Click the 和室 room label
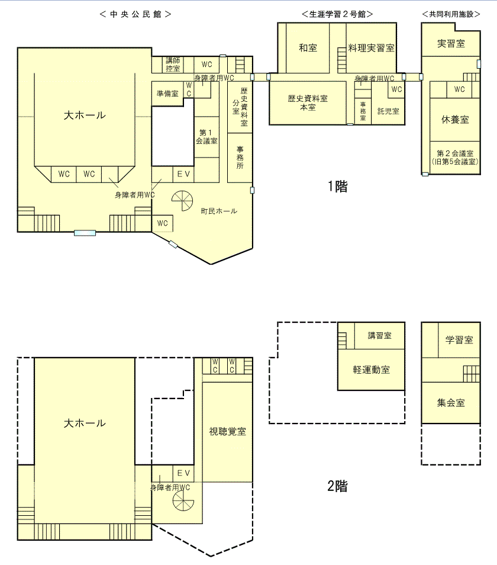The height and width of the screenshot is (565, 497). (x=308, y=48)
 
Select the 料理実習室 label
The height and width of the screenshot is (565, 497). (x=371, y=48)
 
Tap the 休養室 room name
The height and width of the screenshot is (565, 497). (x=455, y=120)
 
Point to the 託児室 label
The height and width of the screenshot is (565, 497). (x=388, y=111)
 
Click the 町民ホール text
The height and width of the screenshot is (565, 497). (x=219, y=211)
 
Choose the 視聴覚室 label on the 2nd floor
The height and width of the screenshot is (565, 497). (x=227, y=431)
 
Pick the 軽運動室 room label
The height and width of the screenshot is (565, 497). (x=371, y=370)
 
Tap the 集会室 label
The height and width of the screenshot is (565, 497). (x=451, y=403)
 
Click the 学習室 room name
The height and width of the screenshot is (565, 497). (x=459, y=340)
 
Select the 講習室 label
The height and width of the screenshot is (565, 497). (x=380, y=336)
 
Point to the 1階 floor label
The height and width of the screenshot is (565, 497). (x=338, y=187)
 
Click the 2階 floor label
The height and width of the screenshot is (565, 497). (x=338, y=486)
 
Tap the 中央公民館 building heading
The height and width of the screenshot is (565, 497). (x=135, y=14)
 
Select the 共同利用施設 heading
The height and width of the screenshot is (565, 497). (x=451, y=14)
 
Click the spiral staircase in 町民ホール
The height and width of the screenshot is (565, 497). (x=182, y=201)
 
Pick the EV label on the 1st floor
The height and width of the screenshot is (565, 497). (x=183, y=174)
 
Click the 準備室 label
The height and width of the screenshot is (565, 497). (x=167, y=94)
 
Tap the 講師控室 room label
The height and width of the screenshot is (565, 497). (x=173, y=65)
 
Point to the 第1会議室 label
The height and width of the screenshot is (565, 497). (x=206, y=137)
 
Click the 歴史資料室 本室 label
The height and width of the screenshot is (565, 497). (x=308, y=102)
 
